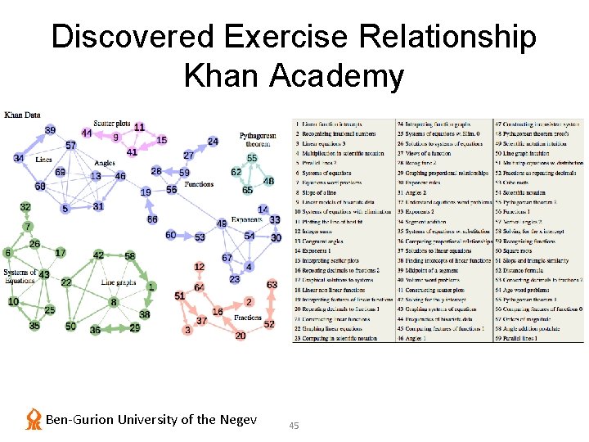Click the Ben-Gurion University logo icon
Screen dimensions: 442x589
pos(34,419)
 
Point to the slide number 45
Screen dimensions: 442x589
pos(294,425)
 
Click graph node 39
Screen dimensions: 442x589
pos(51,130)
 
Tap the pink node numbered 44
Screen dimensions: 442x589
pos(87,133)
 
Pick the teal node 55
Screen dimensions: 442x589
pos(252,158)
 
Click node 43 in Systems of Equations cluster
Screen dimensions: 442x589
pos(44,274)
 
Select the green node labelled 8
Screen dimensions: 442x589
pos(114,302)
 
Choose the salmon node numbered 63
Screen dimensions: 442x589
pos(272,285)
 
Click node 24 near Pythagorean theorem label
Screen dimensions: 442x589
pos(213,142)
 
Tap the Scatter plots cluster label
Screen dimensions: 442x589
pos(111,124)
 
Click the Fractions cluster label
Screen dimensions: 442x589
pos(248,317)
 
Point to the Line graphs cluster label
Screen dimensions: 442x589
pos(119,282)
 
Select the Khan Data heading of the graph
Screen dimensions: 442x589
pos(22,115)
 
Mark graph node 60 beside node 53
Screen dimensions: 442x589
pos(170,235)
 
